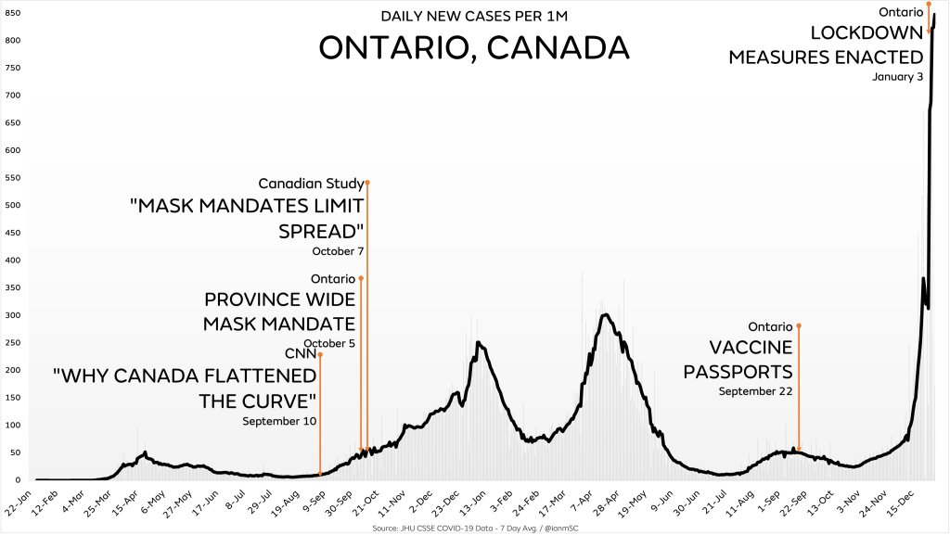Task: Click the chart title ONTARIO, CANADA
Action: click(x=473, y=47)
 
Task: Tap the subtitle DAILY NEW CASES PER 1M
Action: click(x=474, y=16)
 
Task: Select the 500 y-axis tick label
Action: click(x=13, y=205)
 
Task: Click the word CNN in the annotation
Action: click(x=302, y=353)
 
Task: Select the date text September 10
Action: click(x=279, y=421)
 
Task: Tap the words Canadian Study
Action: click(x=311, y=183)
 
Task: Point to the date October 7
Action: click(x=338, y=251)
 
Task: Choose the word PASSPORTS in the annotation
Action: click(x=738, y=372)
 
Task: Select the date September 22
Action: click(x=755, y=391)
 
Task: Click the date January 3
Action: click(x=897, y=77)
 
